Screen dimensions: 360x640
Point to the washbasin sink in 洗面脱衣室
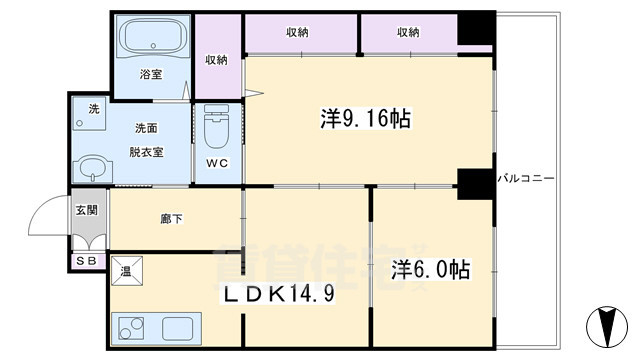93,167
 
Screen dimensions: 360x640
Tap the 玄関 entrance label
86,210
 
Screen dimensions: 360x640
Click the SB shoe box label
86,262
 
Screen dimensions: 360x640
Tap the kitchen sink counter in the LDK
157,327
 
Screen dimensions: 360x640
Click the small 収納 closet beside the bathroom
217,61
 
